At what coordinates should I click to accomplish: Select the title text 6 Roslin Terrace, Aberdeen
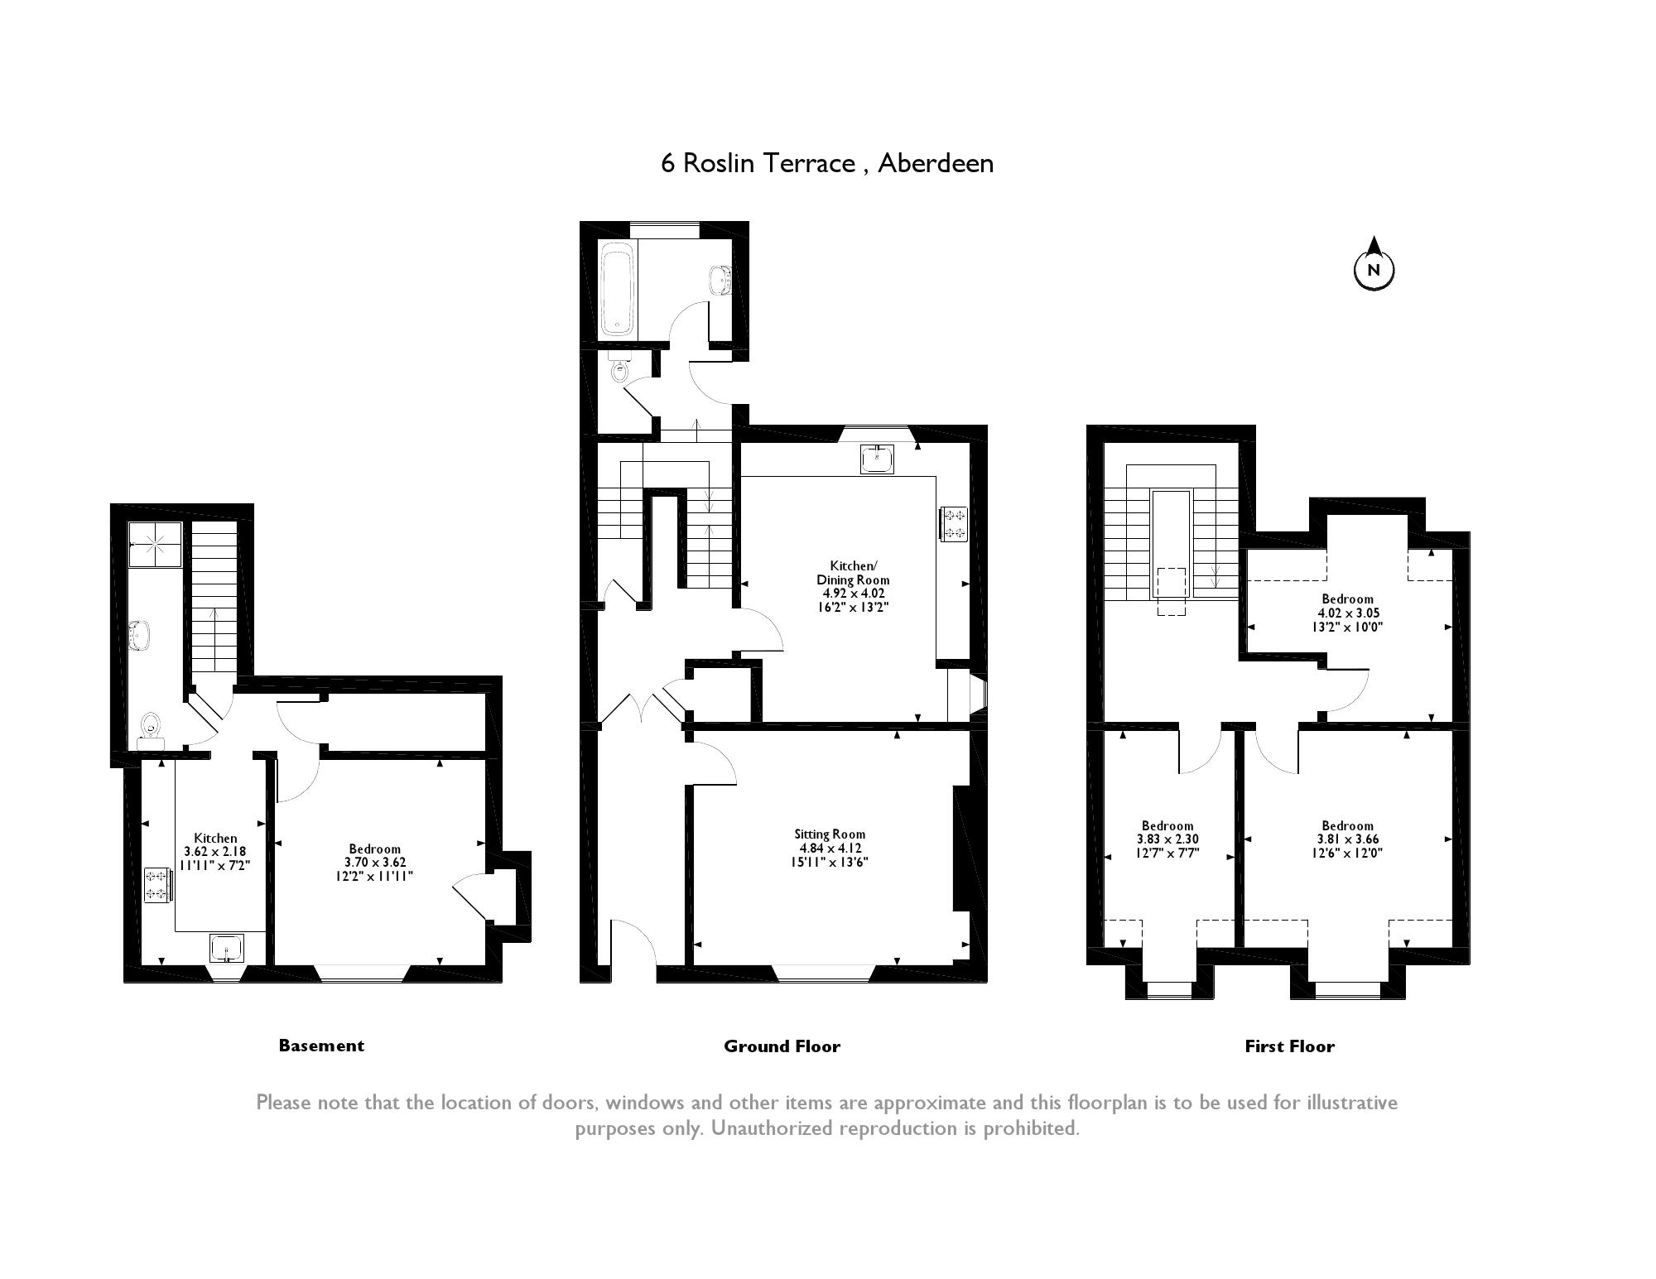[x=827, y=163]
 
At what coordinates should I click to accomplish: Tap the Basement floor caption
[x=321, y=1046]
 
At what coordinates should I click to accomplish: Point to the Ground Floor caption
[x=782, y=1046]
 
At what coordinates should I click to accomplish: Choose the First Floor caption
[x=1289, y=1046]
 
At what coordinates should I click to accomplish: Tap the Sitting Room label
[x=830, y=848]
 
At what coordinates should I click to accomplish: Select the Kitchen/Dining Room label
[x=853, y=586]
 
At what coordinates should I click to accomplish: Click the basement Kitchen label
[x=215, y=851]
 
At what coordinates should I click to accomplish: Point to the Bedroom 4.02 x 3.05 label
[x=1347, y=613]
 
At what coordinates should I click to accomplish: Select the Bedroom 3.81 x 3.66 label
[x=1347, y=839]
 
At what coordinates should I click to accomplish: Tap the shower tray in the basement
[x=155, y=545]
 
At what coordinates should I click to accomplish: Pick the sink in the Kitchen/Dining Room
[x=877, y=459]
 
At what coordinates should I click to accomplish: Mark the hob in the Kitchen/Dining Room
[x=953, y=523]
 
